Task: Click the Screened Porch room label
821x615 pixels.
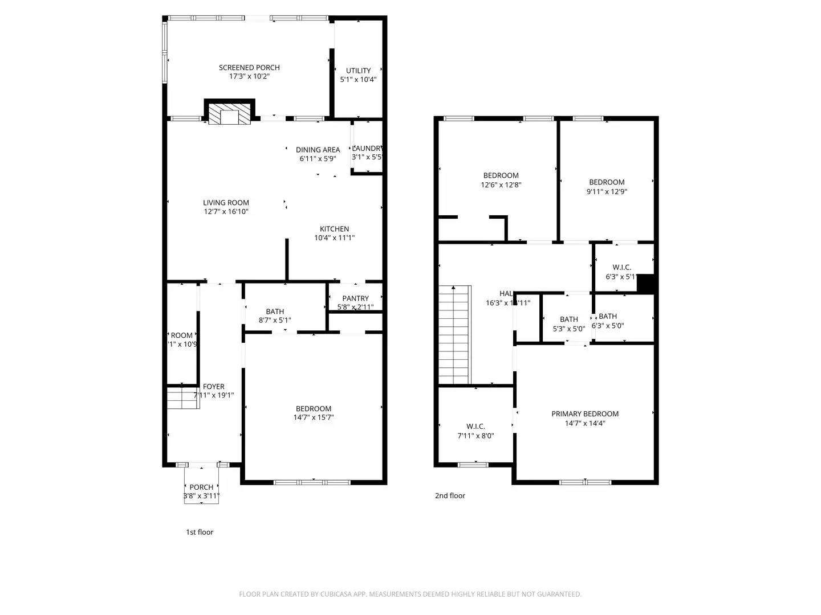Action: pyautogui.click(x=249, y=68)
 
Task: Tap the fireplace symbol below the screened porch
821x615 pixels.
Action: pyautogui.click(x=229, y=114)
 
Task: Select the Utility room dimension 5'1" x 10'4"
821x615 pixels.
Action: pyautogui.click(x=358, y=80)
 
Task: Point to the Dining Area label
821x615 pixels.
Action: pyautogui.click(x=318, y=150)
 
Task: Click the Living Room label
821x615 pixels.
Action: pyautogui.click(x=226, y=203)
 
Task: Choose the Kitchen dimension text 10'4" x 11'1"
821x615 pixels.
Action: pyautogui.click(x=334, y=238)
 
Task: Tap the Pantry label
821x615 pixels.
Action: pyautogui.click(x=355, y=298)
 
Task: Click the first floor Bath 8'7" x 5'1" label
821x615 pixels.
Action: pyautogui.click(x=275, y=311)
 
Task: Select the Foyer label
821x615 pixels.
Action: pyautogui.click(x=214, y=387)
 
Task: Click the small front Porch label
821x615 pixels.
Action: pyautogui.click(x=201, y=487)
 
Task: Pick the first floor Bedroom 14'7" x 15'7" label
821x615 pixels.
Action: pyautogui.click(x=314, y=409)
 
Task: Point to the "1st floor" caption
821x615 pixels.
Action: pyautogui.click(x=200, y=532)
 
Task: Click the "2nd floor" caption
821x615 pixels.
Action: pyautogui.click(x=450, y=495)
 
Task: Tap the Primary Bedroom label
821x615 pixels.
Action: pyautogui.click(x=585, y=414)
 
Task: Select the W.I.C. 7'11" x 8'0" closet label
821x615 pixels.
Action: pyautogui.click(x=475, y=427)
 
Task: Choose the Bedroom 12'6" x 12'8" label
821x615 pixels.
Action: pyautogui.click(x=501, y=175)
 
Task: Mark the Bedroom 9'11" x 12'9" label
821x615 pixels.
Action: pyautogui.click(x=607, y=182)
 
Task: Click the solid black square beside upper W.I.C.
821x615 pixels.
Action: pyautogui.click(x=645, y=284)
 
